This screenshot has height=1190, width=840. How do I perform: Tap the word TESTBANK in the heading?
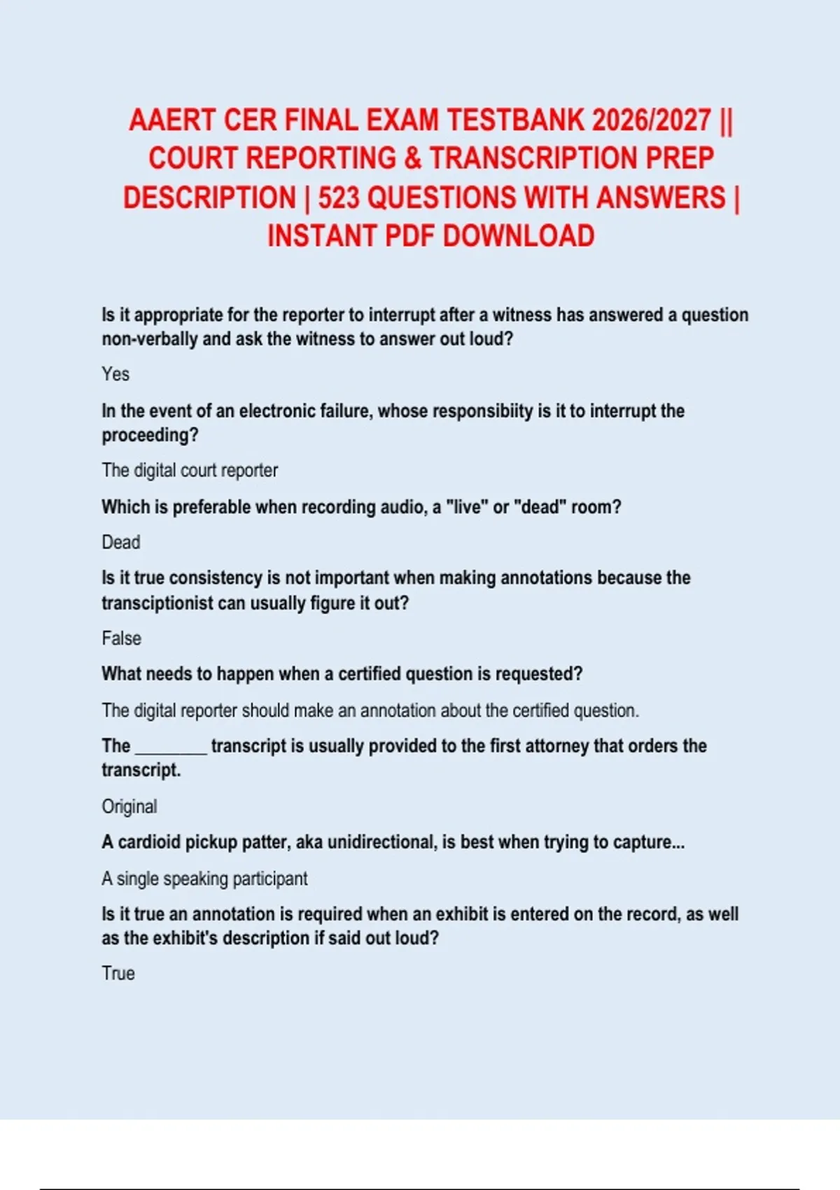[x=515, y=120]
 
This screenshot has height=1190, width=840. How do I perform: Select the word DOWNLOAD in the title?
[x=519, y=237]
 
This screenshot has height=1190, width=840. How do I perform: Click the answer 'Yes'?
[x=115, y=374]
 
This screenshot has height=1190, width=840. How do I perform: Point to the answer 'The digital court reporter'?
[x=190, y=470]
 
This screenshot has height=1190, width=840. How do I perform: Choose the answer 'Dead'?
[x=121, y=542]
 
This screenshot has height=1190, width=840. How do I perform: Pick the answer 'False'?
[x=122, y=638]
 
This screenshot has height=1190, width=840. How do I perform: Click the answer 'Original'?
[x=129, y=806]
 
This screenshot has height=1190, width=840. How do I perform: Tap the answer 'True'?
[x=118, y=974]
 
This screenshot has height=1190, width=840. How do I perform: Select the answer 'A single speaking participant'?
[x=204, y=878]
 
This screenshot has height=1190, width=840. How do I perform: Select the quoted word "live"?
[x=468, y=507]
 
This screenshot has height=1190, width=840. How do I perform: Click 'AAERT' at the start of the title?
[x=172, y=120]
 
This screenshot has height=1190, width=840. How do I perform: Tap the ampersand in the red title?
[x=413, y=159]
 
